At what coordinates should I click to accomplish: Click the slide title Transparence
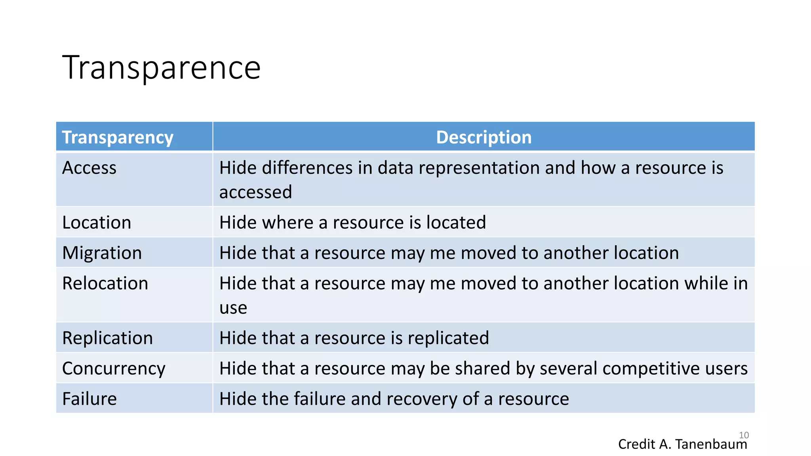pos(161,68)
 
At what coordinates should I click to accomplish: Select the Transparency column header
pos(118,137)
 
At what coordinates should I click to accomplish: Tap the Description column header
pos(484,137)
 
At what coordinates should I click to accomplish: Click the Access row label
pos(89,168)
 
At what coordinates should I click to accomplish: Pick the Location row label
pos(97,222)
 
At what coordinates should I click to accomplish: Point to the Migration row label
pos(102,253)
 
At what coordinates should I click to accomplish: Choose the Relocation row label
pos(105,283)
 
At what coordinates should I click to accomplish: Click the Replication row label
pos(107,338)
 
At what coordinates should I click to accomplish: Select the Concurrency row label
pos(114,369)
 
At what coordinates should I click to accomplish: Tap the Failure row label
pos(89,399)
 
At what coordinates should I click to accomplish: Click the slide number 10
pos(744,435)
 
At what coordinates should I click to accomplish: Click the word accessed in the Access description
pos(255,192)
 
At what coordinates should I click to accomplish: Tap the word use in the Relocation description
pos(233,308)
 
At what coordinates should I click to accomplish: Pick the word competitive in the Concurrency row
pos(648,369)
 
